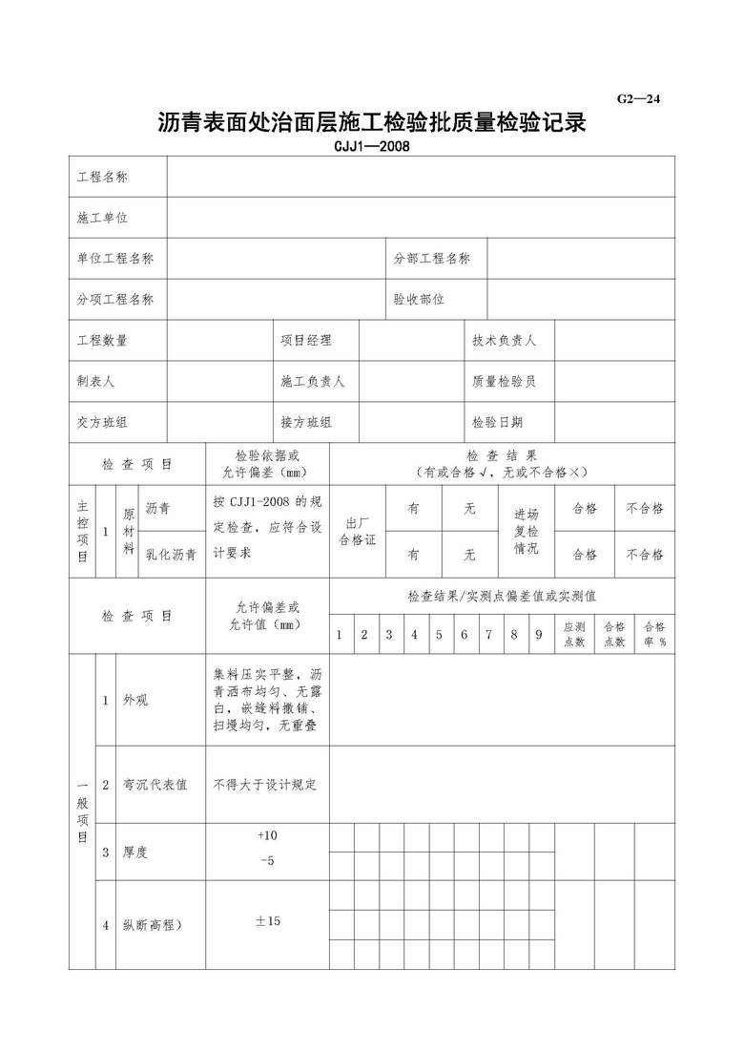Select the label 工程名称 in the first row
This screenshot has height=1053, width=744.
point(103,178)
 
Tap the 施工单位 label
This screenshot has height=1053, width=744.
point(103,219)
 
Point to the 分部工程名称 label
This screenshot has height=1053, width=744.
point(432,259)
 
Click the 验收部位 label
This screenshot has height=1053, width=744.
point(420,299)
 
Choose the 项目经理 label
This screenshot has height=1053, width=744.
point(306,340)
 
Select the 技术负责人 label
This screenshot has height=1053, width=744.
point(504,340)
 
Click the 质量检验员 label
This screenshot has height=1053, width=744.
point(504,381)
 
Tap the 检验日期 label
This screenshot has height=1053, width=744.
point(497,422)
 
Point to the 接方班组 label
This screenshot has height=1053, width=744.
point(306,422)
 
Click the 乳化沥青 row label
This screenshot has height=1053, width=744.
point(171,555)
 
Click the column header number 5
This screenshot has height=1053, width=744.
point(439,635)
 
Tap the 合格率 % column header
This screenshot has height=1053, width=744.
point(654,635)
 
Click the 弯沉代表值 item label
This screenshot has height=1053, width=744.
point(155,785)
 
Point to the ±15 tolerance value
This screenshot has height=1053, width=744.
point(267,921)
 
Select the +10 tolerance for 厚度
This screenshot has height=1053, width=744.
point(267,835)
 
